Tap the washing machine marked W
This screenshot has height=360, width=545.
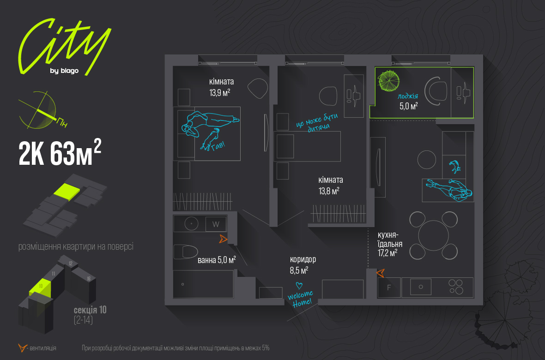click(x=216, y=224)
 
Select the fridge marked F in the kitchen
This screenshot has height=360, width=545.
click(x=389, y=287)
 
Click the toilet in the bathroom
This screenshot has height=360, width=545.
click(x=185, y=252)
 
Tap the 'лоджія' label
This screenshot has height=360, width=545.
click(x=408, y=96)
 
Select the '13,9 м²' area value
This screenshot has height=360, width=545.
click(x=220, y=92)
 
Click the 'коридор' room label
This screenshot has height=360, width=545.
click(x=303, y=259)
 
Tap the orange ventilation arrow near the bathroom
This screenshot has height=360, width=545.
click(x=223, y=239)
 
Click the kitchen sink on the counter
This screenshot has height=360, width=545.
click(x=420, y=287)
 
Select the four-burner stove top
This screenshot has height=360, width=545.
click(x=456, y=287)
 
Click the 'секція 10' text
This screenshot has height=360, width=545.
click(x=90, y=310)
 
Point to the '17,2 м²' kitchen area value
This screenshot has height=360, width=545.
click(x=387, y=253)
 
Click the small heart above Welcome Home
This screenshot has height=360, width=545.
click(x=299, y=286)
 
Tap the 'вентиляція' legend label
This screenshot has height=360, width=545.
click(x=43, y=348)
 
